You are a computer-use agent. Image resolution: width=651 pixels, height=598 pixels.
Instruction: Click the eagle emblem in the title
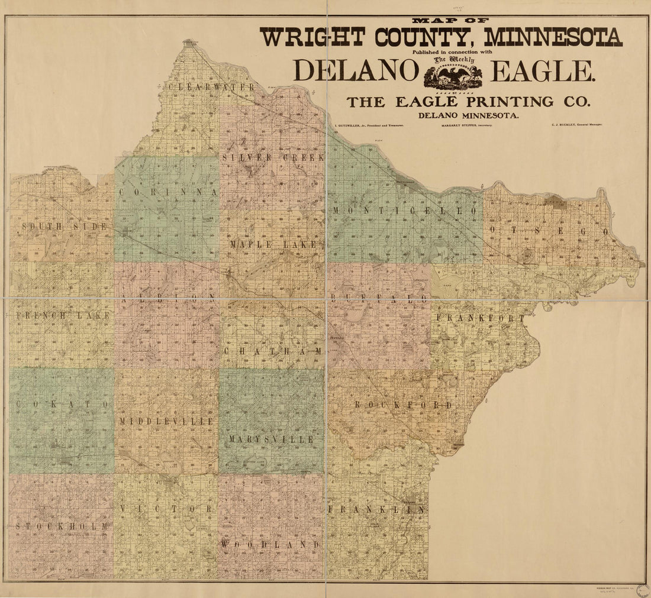pos(453,76)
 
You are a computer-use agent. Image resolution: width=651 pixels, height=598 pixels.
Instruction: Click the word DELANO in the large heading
pos(356,71)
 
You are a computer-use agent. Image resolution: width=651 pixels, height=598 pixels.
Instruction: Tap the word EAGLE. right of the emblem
pos(542,71)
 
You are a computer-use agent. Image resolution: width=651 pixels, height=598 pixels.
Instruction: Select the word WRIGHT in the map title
pos(312,37)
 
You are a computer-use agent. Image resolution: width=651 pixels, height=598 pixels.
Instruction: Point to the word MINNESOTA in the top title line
pos(553,37)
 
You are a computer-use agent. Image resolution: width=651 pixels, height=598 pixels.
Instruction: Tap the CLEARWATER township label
pos(211,87)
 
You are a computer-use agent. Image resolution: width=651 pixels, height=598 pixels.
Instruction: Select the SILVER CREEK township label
pos(273,157)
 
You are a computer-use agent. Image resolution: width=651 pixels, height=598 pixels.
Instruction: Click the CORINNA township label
pos(169,192)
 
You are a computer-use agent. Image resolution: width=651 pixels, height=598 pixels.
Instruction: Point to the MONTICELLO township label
pos(405,211)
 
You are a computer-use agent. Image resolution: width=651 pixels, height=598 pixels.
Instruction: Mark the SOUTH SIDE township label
pos(65,227)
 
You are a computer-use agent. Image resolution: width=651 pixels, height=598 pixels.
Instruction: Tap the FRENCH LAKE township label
pos(63,316)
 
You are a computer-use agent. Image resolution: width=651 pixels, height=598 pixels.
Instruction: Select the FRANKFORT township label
pos(480,318)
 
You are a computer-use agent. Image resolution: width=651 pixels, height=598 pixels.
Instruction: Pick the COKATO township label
pos(63,404)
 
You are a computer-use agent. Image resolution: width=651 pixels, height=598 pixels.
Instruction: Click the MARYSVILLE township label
pos(271,439)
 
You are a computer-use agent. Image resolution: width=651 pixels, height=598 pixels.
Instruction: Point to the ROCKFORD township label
pos(403,405)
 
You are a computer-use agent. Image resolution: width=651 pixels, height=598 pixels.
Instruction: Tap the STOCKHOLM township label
pos(62,526)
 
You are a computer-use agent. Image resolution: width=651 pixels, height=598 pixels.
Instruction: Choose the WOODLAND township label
pos(271,544)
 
